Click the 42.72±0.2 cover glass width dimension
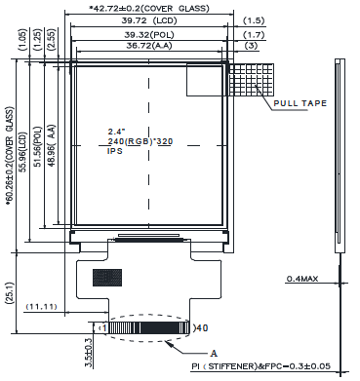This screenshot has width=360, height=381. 149,8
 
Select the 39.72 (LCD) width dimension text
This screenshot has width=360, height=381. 149,20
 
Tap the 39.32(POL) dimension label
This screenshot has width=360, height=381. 149,35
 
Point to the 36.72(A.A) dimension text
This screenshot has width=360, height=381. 149,46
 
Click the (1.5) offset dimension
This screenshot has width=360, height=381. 254,20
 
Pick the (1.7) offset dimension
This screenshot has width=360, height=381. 254,35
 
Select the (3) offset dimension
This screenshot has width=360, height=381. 251,46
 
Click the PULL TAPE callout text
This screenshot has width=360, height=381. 300,103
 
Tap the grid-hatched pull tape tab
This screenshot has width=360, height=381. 252,80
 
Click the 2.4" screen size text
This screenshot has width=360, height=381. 117,132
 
